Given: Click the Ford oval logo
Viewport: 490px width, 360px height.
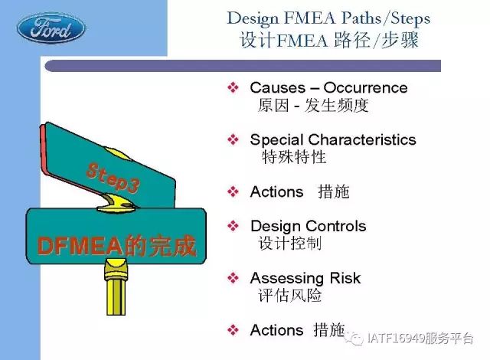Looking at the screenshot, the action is point(51,28).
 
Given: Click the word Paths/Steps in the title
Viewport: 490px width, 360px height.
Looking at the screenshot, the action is point(386,18).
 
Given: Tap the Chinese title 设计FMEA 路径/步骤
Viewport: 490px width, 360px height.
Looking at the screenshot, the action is point(328,41).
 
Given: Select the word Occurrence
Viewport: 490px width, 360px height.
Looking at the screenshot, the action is point(365,88).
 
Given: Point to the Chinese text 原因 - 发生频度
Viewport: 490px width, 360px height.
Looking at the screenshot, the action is point(313,105).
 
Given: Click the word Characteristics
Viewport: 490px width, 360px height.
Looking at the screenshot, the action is point(362,139).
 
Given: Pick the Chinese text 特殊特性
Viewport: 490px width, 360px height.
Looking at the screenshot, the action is point(294,157).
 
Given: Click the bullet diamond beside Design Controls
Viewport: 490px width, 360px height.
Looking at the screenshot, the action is point(233,226).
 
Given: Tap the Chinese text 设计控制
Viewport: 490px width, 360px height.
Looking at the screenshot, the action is point(289,243).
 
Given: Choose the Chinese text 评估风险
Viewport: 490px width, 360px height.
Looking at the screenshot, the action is point(289,296).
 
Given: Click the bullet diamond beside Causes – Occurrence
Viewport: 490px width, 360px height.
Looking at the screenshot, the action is point(233,87).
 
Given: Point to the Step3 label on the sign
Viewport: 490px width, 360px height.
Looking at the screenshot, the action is point(113,177).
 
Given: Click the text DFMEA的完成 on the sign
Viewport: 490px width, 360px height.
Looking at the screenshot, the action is point(116,246).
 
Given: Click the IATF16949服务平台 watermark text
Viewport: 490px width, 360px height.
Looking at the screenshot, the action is point(420,339).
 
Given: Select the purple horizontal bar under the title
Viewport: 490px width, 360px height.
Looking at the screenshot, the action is point(243,66).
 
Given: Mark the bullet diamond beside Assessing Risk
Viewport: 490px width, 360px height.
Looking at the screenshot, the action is point(233,277).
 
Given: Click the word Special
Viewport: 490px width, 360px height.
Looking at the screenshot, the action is point(277,139).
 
